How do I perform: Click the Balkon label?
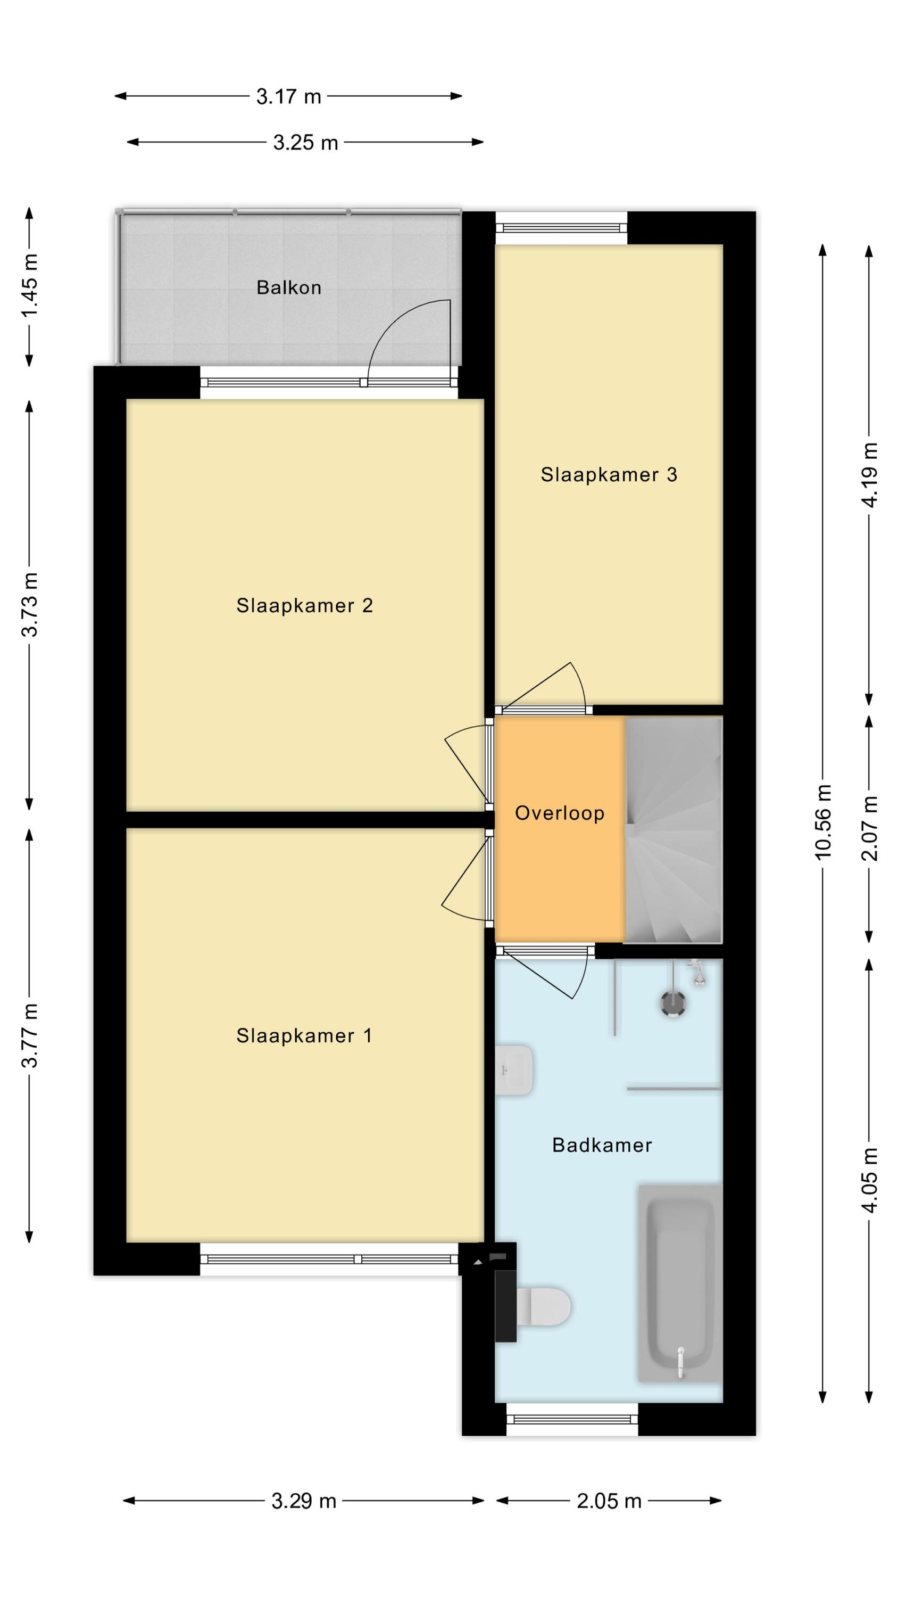pos(289,287)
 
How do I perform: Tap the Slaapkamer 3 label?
pos(609,475)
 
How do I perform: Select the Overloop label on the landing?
pos(560,813)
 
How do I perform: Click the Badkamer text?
pos(602,1145)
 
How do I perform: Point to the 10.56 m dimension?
pos(823,822)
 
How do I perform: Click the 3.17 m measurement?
pos(289,97)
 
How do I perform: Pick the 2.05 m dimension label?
pos(609,1501)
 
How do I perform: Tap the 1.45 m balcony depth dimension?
pos(30,286)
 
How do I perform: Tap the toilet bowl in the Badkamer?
pos(543,1306)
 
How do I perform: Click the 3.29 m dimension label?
pos(304,1501)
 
